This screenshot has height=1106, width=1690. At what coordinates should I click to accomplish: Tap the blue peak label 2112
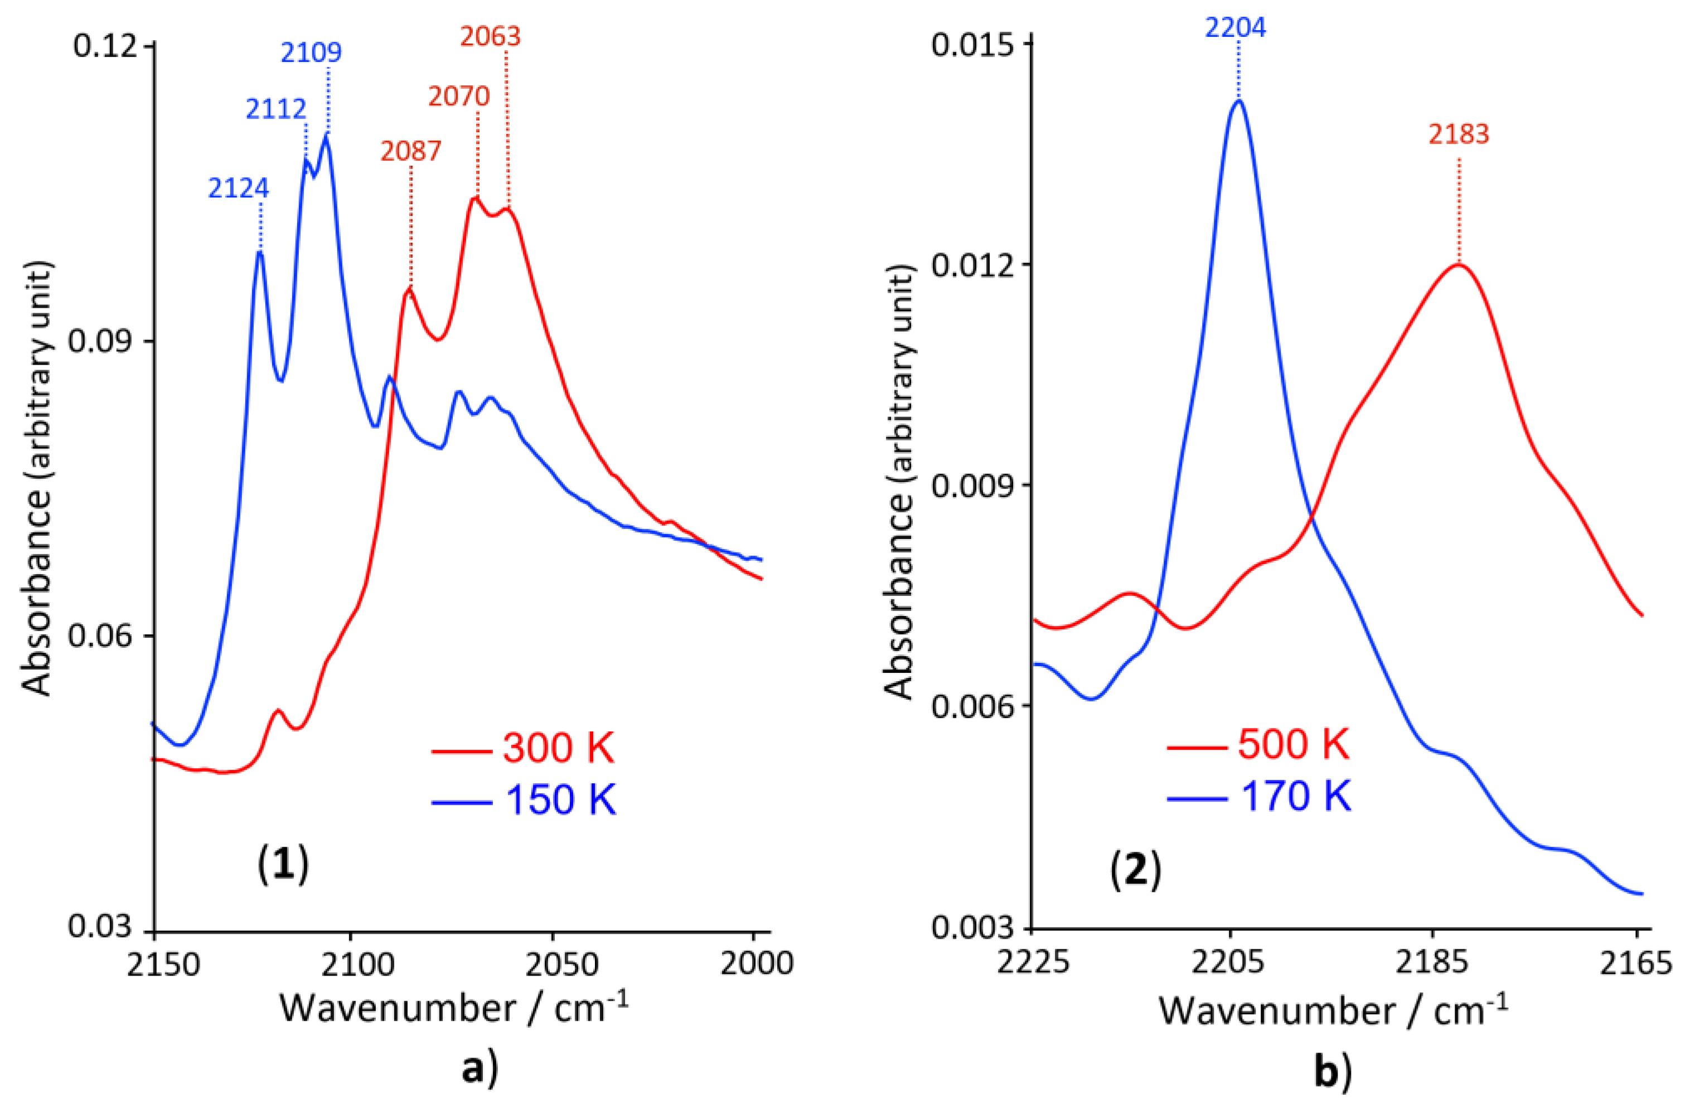click(x=276, y=109)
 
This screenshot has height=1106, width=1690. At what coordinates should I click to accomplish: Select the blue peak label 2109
click(x=311, y=52)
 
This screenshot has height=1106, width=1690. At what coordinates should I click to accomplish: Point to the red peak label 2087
click(x=410, y=151)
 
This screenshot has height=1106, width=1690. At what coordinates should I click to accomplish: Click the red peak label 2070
click(x=459, y=96)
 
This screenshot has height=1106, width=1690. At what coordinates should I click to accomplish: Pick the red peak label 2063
click(x=490, y=36)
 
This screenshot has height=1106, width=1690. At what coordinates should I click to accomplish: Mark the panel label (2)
click(x=1135, y=870)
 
